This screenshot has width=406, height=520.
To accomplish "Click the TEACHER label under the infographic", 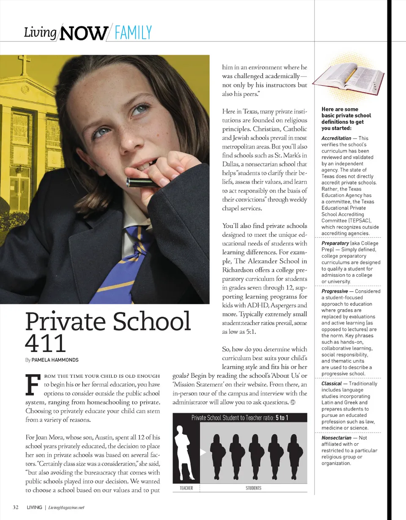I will [x=186, y=488].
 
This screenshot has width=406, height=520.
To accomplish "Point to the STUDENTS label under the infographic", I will [x=253, y=488].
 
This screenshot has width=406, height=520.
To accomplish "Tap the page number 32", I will [x=15, y=507].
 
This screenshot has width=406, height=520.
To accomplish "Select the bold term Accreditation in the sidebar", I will [x=336, y=138].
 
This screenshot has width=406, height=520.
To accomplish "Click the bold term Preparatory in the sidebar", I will [x=335, y=243].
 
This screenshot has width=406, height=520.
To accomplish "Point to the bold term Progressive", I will [x=335, y=291].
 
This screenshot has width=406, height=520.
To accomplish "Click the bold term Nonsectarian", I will [x=336, y=438].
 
